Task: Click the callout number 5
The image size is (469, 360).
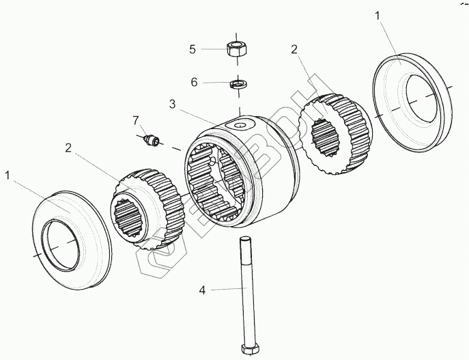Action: coord(193,49)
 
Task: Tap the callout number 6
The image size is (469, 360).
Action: coord(194,82)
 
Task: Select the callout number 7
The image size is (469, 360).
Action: coord(135,120)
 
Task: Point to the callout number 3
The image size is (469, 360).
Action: coord(173,104)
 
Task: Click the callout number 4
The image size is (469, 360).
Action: coord(202,290)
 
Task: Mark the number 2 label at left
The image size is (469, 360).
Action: coord(69,147)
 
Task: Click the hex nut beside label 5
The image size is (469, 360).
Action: coord(236,49)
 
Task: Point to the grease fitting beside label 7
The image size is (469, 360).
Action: coord(152,141)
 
